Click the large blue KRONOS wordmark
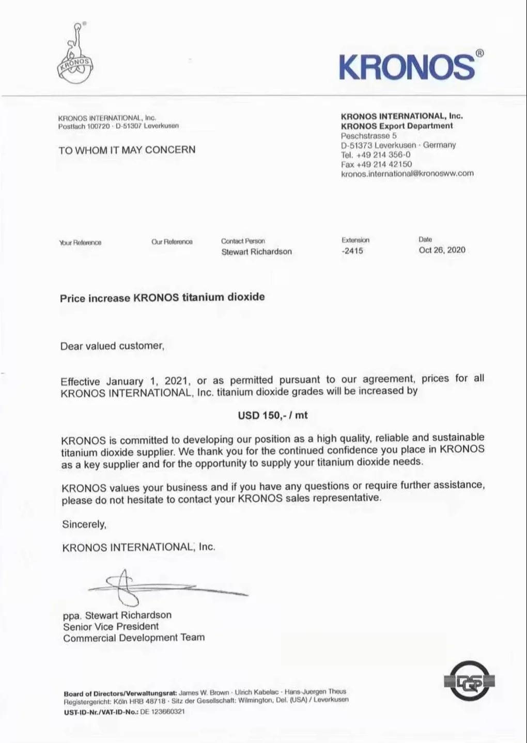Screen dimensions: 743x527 (x=407, y=66)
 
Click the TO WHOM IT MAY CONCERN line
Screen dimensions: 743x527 (x=127, y=150)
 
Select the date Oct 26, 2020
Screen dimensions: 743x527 (x=442, y=250)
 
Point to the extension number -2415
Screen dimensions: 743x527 (x=352, y=251)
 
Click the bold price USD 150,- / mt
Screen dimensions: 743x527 (x=273, y=415)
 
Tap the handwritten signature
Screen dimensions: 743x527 (x=155, y=586)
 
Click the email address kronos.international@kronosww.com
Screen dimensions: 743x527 (x=407, y=174)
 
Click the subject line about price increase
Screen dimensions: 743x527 (x=162, y=298)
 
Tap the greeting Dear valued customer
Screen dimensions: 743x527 (x=112, y=346)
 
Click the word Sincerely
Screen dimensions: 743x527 (x=84, y=524)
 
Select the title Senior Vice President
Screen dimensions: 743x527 (x=111, y=626)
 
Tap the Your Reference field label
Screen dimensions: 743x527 (x=80, y=242)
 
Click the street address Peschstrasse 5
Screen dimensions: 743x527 (x=369, y=135)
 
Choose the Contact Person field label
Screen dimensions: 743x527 (x=243, y=241)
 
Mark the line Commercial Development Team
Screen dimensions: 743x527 (x=134, y=638)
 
